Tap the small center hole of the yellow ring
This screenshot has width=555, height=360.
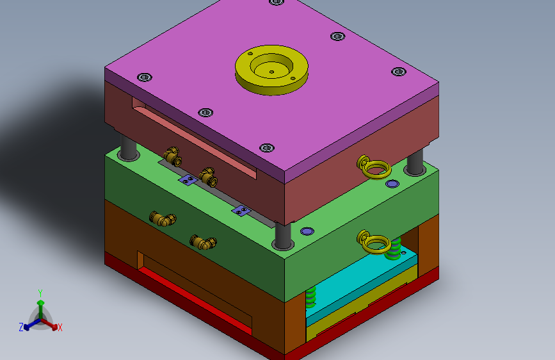tap(271, 72)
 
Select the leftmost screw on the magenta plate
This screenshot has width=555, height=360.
tap(145, 78)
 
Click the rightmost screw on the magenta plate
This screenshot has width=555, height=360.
tap(399, 72)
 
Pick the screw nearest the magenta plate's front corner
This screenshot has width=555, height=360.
tap(267, 147)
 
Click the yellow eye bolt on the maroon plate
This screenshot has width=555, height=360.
tap(374, 167)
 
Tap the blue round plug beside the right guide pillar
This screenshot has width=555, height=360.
tap(392, 184)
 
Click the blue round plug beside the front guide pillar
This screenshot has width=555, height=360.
tap(307, 231)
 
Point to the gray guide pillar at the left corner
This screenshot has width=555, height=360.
tap(128, 148)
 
